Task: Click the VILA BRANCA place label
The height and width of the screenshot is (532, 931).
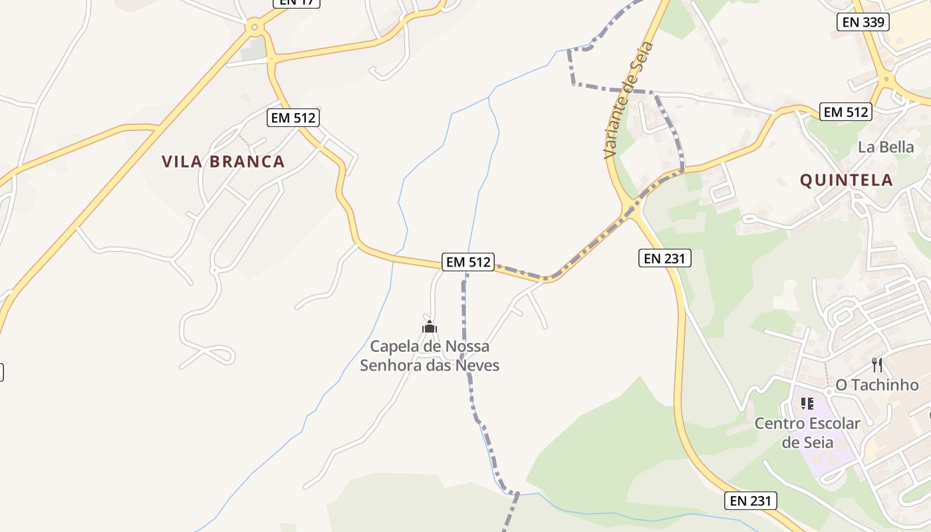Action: (x=223, y=162)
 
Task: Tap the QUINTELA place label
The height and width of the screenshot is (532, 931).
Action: (x=846, y=180)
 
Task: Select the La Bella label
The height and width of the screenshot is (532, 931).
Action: (x=886, y=147)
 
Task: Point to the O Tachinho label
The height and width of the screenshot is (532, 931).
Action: (x=877, y=385)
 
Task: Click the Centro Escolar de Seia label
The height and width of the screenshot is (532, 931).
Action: (x=807, y=432)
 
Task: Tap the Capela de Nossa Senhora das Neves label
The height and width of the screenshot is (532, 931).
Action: (x=430, y=356)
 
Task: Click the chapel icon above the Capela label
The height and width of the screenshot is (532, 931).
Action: (x=430, y=327)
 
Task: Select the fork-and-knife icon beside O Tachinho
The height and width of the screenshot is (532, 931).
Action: (x=877, y=364)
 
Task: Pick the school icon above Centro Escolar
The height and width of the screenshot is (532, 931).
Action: (x=807, y=403)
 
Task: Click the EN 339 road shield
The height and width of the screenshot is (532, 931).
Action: (x=863, y=22)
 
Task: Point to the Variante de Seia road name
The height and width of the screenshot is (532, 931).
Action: (x=628, y=100)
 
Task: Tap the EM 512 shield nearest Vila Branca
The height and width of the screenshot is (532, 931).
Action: (x=293, y=118)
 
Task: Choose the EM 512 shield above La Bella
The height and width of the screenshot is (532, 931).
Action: (x=845, y=112)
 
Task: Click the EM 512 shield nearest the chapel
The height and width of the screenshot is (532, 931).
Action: (x=468, y=262)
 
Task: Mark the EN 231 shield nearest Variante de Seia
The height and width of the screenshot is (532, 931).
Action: (x=665, y=258)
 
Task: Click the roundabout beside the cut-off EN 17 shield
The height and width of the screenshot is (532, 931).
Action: (x=253, y=28)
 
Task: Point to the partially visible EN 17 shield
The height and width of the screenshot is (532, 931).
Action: (x=297, y=3)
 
